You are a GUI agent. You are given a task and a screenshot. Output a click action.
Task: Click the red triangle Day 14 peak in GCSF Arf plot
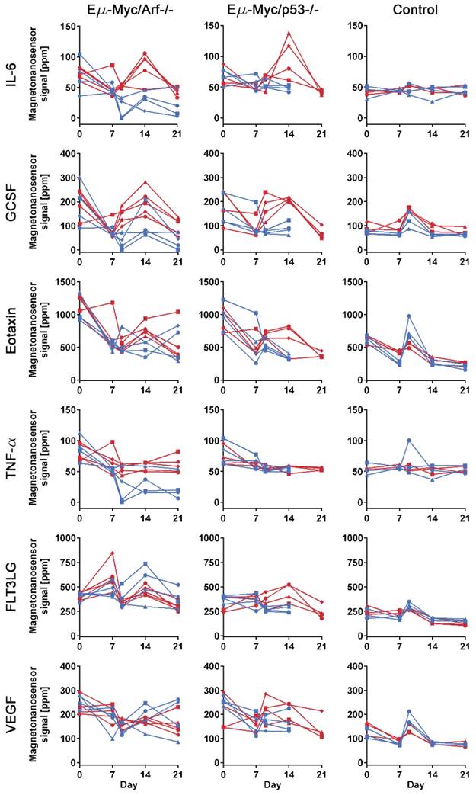(145, 181)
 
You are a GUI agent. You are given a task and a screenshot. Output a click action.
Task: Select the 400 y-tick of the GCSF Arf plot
(66, 152)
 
